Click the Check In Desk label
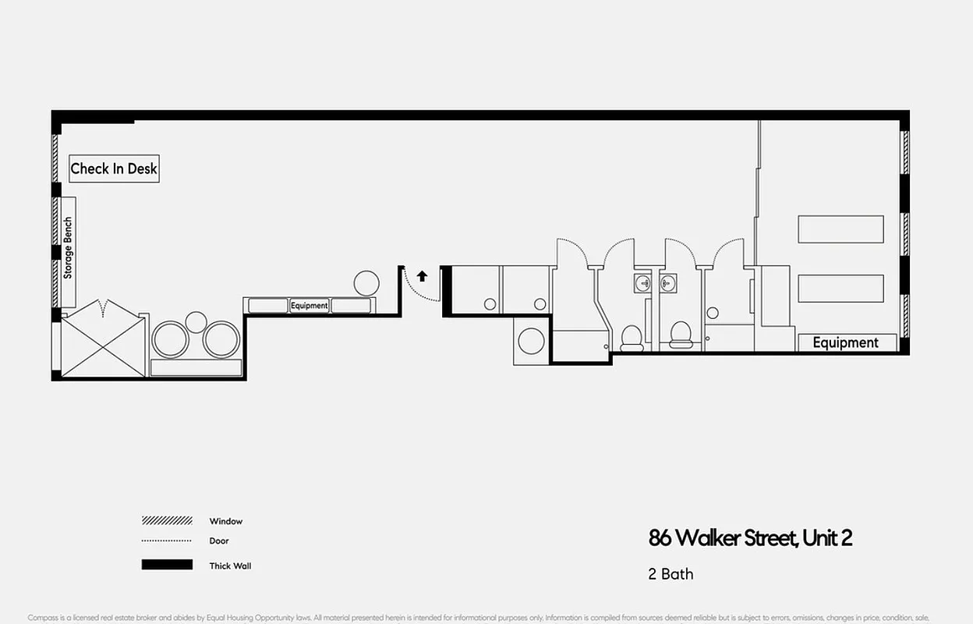(114, 168)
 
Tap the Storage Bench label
(68, 248)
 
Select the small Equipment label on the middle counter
(310, 306)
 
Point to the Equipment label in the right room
(845, 342)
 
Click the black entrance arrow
(422, 275)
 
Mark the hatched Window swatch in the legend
(167, 521)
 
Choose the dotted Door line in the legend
(167, 541)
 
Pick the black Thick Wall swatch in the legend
(167, 565)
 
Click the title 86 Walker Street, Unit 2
(750, 538)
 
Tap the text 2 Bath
(670, 575)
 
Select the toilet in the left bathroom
(631, 337)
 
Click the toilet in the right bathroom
(681, 335)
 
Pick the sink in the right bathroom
(667, 282)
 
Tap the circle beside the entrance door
(366, 282)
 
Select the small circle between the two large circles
(196, 321)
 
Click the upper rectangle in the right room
(840, 229)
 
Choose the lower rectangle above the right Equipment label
(840, 289)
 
